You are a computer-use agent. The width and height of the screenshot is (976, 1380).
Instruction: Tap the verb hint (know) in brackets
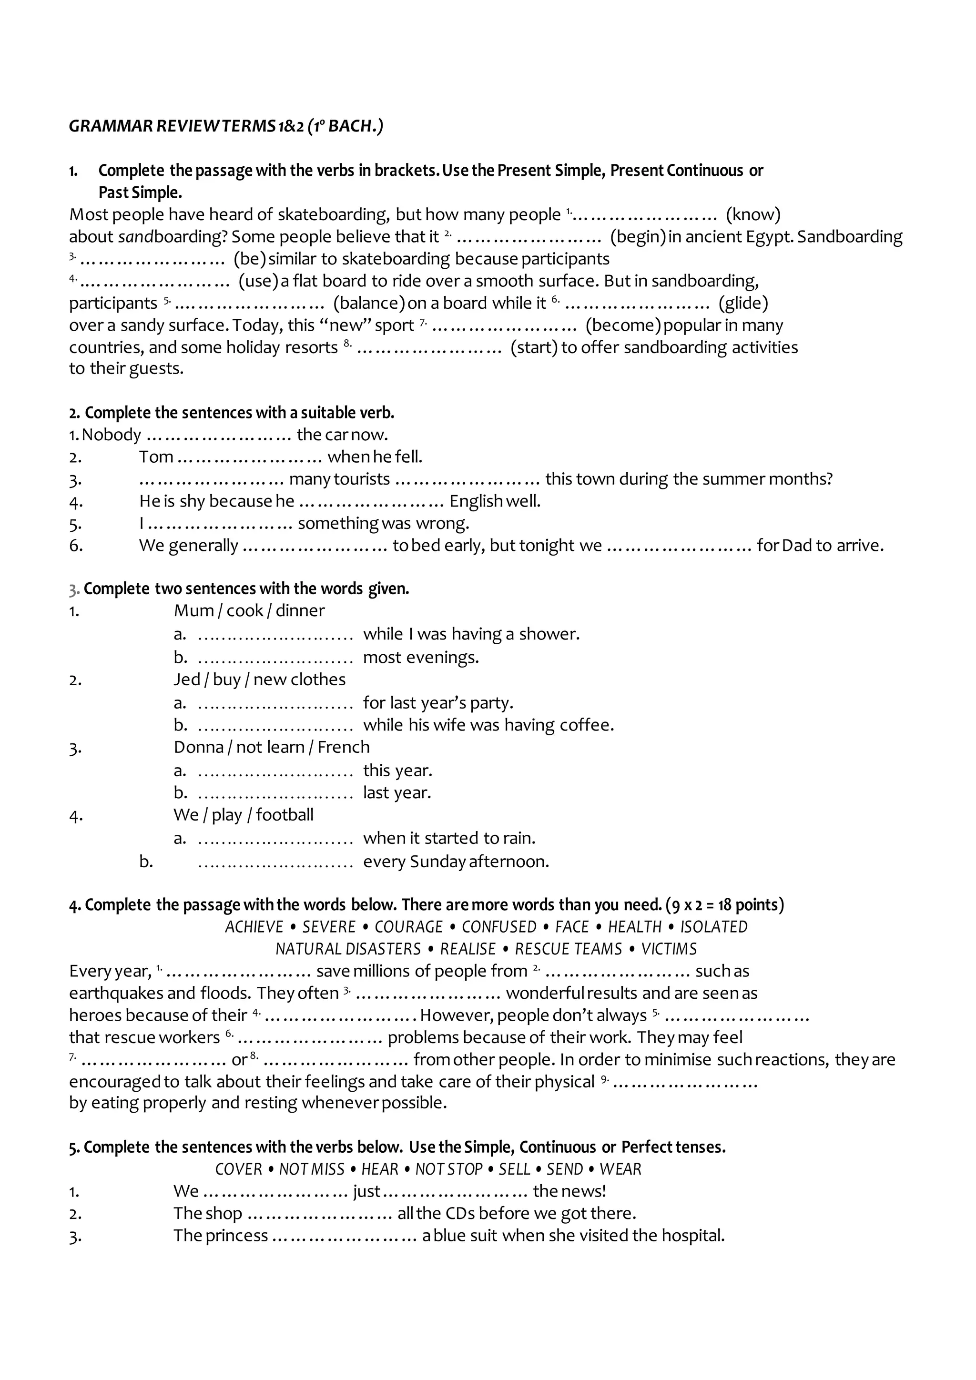point(753,214)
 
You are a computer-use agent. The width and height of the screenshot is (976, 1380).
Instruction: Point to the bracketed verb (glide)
point(743,303)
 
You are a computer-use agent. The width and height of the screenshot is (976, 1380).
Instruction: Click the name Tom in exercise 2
point(156,457)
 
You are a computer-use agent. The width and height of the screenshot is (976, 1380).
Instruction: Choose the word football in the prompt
point(285,815)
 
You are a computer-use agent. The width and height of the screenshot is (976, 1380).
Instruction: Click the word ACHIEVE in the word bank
point(254,927)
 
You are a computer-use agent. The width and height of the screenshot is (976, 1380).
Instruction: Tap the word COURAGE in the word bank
point(409,927)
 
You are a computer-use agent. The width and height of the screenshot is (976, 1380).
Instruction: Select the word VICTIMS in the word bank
point(669,949)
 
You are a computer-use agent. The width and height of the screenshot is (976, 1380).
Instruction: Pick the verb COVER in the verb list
point(239,1169)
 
